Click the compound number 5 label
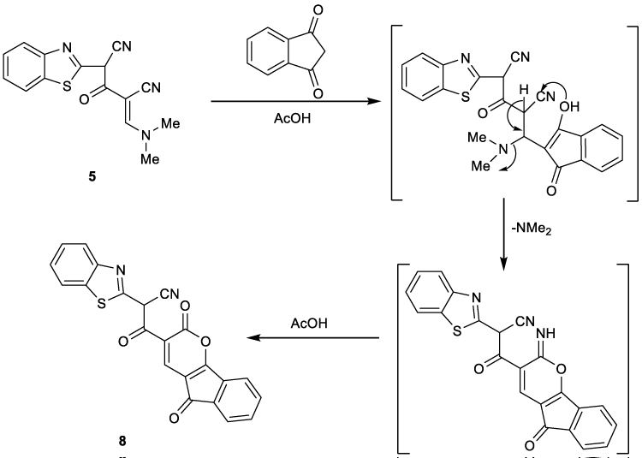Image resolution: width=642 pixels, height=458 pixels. click(92, 177)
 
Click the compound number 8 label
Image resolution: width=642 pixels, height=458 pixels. click(122, 441)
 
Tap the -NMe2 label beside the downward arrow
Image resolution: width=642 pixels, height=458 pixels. click(532, 229)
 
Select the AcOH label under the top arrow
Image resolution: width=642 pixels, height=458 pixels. click(293, 118)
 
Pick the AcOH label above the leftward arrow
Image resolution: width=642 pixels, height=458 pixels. click(309, 323)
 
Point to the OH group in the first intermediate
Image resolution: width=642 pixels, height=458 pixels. click(568, 107)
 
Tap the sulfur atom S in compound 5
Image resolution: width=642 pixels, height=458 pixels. click(66, 86)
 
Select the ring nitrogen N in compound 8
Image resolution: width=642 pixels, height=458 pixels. click(121, 270)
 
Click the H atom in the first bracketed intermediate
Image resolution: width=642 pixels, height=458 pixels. click(524, 90)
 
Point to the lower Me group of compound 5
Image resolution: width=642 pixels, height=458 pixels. click(150, 159)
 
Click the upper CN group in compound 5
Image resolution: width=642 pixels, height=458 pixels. click(122, 47)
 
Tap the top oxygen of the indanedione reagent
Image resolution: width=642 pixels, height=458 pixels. click(318, 9)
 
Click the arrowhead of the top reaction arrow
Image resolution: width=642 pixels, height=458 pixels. click(374, 101)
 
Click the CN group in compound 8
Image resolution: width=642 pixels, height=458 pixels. click(170, 294)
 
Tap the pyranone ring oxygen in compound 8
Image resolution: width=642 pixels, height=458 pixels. click(205, 341)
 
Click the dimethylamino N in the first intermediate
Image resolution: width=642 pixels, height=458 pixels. click(502, 148)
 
